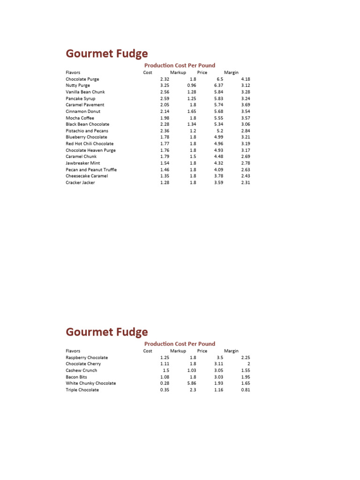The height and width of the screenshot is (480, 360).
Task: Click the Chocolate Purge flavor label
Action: point(82,79)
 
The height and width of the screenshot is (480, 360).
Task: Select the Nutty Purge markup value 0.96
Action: point(191,86)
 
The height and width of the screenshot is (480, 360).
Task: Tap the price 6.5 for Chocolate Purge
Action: point(219,79)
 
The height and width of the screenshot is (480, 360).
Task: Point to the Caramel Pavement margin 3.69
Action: point(246,105)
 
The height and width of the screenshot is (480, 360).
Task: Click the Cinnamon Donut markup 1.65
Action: point(191,112)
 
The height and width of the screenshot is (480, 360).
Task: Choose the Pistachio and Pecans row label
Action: point(87,131)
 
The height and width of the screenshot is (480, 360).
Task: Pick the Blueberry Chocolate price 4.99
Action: point(218,137)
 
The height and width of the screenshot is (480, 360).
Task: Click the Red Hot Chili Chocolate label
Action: point(90,144)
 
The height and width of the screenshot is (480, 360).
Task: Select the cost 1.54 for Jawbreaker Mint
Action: point(164,163)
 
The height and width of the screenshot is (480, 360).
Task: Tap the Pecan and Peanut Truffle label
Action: point(91,170)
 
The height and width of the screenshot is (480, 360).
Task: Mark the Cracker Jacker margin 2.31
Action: point(246,182)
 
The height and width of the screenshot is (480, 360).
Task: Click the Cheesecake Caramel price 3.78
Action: point(218,176)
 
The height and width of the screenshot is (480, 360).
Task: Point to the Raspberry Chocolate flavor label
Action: point(87,357)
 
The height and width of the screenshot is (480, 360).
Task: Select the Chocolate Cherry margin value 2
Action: point(248,364)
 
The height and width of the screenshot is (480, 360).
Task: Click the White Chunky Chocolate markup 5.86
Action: point(191,383)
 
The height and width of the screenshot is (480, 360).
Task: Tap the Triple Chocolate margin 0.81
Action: point(246,390)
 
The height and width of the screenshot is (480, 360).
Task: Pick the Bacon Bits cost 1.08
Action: point(164,377)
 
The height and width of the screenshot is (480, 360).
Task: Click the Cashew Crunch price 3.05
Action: point(218,370)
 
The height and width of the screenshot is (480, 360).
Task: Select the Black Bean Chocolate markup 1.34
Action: point(191,124)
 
